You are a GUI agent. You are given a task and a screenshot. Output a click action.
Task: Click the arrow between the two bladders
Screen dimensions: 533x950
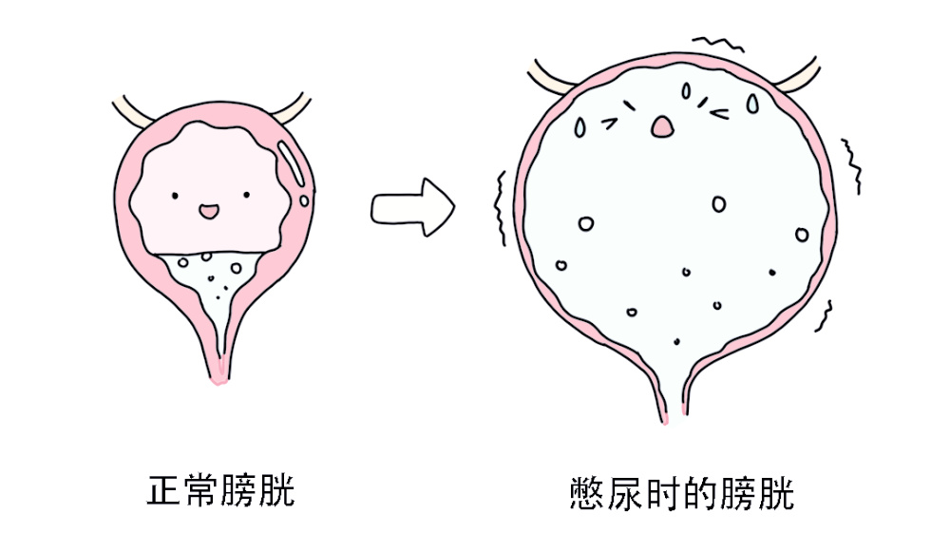(411, 204)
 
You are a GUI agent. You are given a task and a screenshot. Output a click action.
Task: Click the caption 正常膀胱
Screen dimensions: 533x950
(220, 491)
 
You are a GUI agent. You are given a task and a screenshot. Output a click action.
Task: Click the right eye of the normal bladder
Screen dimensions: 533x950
(245, 195)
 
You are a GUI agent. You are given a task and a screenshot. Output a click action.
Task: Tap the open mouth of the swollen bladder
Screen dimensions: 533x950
(663, 124)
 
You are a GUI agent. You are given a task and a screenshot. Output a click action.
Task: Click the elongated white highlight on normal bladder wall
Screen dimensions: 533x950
(293, 164)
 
